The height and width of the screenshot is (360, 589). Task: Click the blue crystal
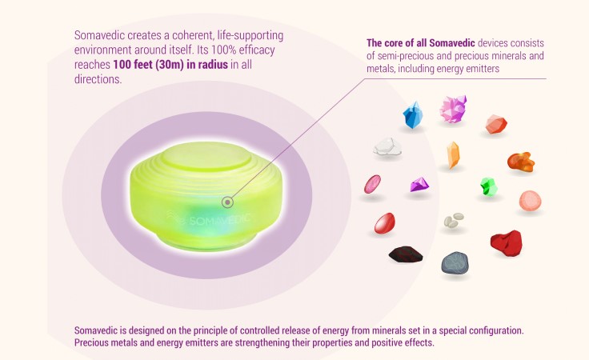pyautogui.click(x=412, y=115)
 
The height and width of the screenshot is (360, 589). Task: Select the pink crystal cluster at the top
pyautogui.click(x=454, y=109)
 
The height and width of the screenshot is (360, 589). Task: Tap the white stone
pyautogui.click(x=387, y=146)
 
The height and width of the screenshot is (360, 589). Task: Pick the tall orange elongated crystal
pyautogui.click(x=453, y=155)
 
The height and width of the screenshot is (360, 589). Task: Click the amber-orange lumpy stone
pyautogui.click(x=521, y=162)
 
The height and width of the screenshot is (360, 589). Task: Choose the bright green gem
pyautogui.click(x=489, y=186)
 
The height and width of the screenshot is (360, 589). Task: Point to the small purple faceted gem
pyautogui.click(x=419, y=184)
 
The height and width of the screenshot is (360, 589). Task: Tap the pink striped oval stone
pyautogui.click(x=372, y=184)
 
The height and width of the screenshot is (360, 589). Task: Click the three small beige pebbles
pyautogui.click(x=454, y=220)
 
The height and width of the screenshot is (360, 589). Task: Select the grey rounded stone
pyautogui.click(x=455, y=262)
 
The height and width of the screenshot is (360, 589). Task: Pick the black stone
pyautogui.click(x=406, y=254)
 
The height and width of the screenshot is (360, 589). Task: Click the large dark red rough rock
pyautogui.click(x=507, y=243)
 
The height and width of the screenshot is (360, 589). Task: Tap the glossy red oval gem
pyautogui.click(x=385, y=223)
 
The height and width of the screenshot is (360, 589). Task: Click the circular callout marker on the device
pyautogui.click(x=227, y=202)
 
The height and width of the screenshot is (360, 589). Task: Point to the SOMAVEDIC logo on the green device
pyautogui.click(x=209, y=220)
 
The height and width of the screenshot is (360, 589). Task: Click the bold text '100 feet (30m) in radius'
pyautogui.click(x=170, y=65)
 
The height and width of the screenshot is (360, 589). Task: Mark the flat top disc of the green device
pyautogui.click(x=206, y=156)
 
